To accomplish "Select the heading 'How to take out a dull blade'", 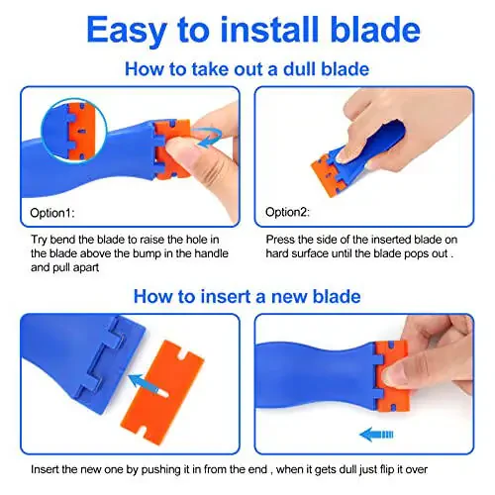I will (247, 70).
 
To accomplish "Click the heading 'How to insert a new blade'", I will (247, 295).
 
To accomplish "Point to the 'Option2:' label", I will (287, 213).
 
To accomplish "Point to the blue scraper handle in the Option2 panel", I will (371, 129).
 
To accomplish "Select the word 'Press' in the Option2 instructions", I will (281, 238).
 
